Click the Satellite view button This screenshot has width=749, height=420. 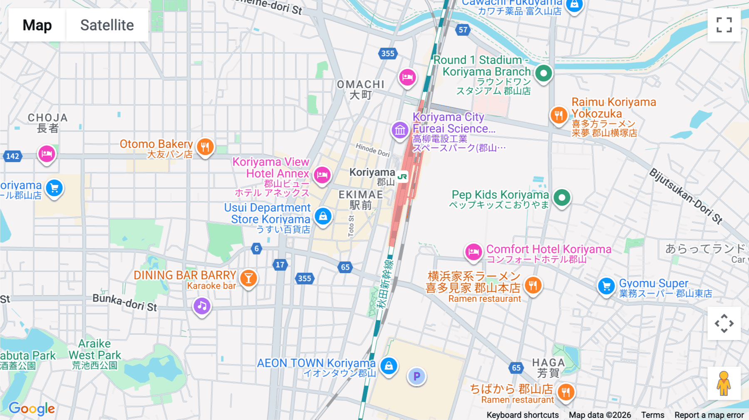[x=107, y=25]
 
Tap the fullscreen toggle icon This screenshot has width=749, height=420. [x=724, y=25]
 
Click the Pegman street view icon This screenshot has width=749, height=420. [x=724, y=383]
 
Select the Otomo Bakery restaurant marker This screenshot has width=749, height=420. [x=205, y=147]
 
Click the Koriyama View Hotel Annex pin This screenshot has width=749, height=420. [x=322, y=175]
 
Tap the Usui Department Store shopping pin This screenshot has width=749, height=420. [x=323, y=216]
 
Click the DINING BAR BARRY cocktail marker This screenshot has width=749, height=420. [x=248, y=278]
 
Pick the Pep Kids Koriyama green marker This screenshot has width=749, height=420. [x=562, y=198]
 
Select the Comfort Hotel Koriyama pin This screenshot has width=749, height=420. [x=474, y=252]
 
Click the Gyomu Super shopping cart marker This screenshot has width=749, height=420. [x=606, y=286]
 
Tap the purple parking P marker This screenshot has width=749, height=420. [x=417, y=376]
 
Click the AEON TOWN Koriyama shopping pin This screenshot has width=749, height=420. [x=389, y=366]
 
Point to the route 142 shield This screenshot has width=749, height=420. [x=12, y=156]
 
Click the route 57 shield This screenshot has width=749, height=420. [x=463, y=30]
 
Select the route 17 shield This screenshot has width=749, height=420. [x=280, y=264]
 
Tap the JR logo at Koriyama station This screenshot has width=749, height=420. [x=402, y=176]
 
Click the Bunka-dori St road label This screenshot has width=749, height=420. [x=125, y=303]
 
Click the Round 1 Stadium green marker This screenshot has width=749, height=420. [x=543, y=73]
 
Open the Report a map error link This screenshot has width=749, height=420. [x=709, y=415]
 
